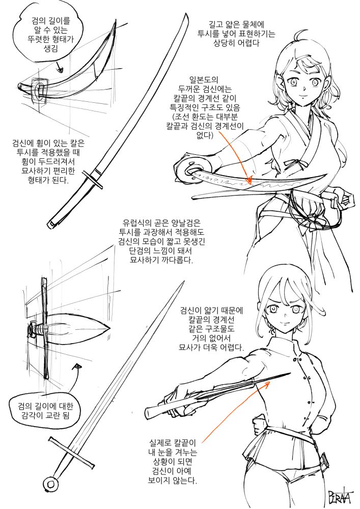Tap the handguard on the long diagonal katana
[x=93, y=179]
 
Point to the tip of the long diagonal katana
[x=187, y=15]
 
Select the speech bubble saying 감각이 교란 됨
[x=45, y=410]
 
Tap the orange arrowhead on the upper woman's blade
[x=250, y=180]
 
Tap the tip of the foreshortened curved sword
[x=116, y=20]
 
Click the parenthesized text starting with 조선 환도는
[x=205, y=126]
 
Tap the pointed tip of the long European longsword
[x=184, y=282]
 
